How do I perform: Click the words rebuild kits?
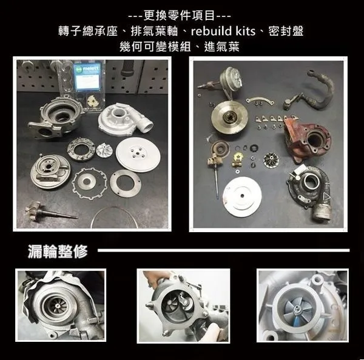click(223, 32)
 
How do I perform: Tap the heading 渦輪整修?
click(58, 252)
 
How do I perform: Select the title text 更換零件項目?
click(179, 16)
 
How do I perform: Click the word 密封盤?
click(286, 32)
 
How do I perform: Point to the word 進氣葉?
click(221, 47)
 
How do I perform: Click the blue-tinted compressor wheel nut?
click(297, 308)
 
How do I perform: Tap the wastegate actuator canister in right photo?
click(232, 77)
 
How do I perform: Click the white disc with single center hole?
click(242, 196)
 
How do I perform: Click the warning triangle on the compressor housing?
click(327, 198)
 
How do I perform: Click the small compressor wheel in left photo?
click(104, 150)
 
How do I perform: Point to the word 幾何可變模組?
click(155, 47)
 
